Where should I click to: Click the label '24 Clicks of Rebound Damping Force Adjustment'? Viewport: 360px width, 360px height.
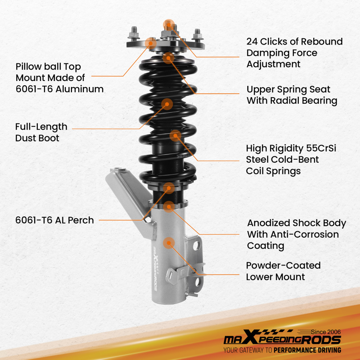point(294,53)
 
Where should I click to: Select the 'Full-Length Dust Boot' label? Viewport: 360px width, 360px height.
point(41,132)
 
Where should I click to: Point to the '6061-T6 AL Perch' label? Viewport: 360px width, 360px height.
point(54,220)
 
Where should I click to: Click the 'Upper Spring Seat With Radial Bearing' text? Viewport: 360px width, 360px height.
point(292,95)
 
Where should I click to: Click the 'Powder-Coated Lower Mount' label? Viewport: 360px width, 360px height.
point(283,271)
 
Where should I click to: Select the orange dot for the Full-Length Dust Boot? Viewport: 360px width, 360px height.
point(167,104)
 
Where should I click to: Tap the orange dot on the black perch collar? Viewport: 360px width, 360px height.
point(168,188)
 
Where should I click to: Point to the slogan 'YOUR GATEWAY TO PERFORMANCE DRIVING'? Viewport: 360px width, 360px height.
point(282,350)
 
